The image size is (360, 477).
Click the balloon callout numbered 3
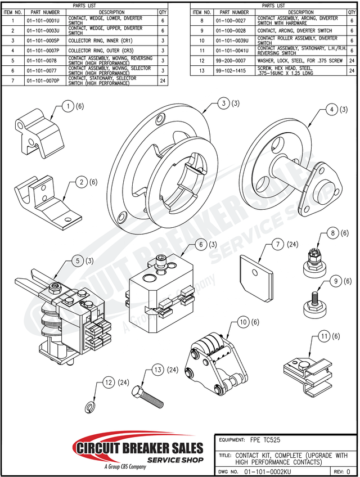[x=224, y=103]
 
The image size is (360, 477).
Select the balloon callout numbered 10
[x=243, y=322]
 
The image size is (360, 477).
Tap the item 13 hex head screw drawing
[x=148, y=397]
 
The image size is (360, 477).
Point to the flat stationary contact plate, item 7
[x=256, y=273]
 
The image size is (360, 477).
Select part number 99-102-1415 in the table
[x=233, y=72]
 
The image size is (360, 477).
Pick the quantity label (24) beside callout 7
[x=293, y=245]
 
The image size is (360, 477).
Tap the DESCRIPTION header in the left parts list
[x=111, y=12]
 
